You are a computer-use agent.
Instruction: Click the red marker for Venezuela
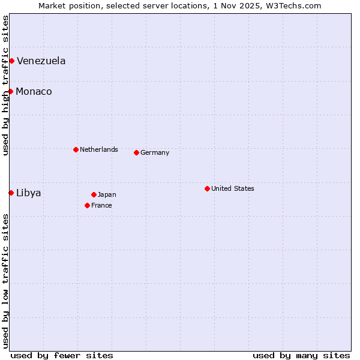click(11, 61)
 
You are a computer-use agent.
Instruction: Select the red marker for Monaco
click(10, 91)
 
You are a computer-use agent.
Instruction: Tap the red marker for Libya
click(11, 193)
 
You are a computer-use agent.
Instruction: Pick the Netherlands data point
click(76, 149)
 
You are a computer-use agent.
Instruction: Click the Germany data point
click(136, 152)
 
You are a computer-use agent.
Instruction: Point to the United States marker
click(207, 188)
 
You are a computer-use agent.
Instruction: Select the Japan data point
click(94, 194)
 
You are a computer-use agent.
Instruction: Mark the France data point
click(87, 205)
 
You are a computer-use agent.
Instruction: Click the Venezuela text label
click(41, 61)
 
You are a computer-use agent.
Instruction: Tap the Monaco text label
click(34, 91)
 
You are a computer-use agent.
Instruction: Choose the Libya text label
click(28, 193)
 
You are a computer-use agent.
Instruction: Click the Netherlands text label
click(98, 149)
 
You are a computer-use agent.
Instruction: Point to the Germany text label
click(155, 152)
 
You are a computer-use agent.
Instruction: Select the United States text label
click(232, 188)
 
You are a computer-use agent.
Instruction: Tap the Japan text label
click(107, 194)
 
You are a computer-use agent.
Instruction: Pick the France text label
click(101, 205)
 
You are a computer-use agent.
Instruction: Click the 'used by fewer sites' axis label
click(62, 355)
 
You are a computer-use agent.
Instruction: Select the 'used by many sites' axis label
click(301, 355)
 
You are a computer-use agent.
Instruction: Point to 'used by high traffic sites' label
click(5, 85)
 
